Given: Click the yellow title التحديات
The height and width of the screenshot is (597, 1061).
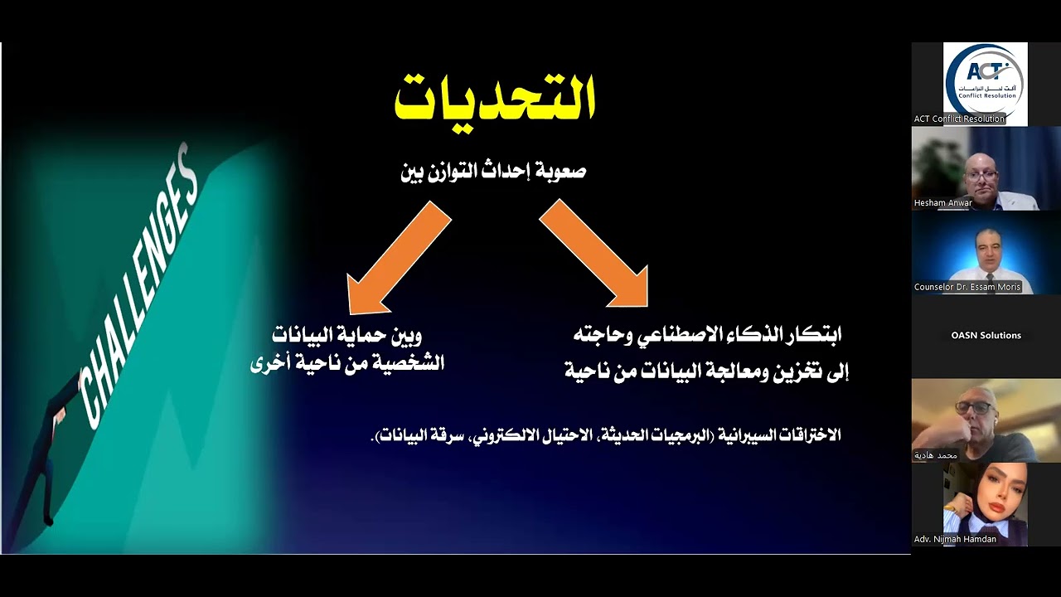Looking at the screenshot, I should [494, 99].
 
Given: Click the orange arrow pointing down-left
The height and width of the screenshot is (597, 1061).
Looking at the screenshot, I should [398, 257].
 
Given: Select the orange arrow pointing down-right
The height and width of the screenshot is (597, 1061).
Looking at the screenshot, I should [595, 253].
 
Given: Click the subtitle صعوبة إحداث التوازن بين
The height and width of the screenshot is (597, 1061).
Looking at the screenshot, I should [493, 172].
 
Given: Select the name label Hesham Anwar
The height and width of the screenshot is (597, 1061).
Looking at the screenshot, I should [942, 203].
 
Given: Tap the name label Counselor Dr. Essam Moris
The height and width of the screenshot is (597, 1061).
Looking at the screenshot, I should [967, 287].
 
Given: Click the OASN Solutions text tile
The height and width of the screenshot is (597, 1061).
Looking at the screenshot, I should [986, 336].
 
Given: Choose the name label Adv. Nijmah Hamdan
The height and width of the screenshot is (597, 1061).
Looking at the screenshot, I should [955, 539].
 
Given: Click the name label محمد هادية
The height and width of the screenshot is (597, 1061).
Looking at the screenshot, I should [936, 455].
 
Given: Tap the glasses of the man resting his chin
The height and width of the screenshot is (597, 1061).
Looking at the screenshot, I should [971, 408].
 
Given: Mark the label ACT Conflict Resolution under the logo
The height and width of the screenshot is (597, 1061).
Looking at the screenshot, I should [959, 119].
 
